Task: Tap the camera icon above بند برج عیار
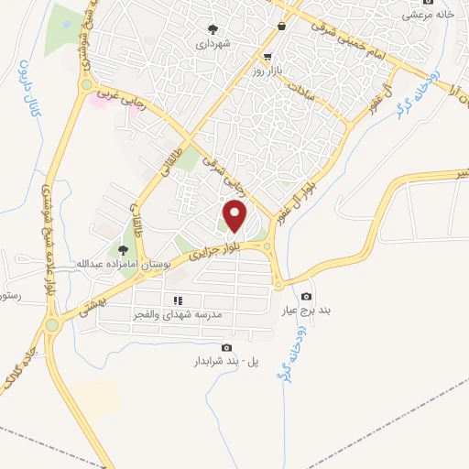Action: tap(306, 296)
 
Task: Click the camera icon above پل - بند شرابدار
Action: tap(226, 347)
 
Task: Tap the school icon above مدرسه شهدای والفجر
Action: tap(179, 300)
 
